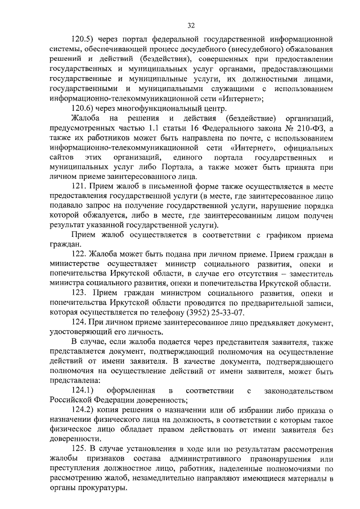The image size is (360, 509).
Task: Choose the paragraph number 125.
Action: click(x=79, y=451)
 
